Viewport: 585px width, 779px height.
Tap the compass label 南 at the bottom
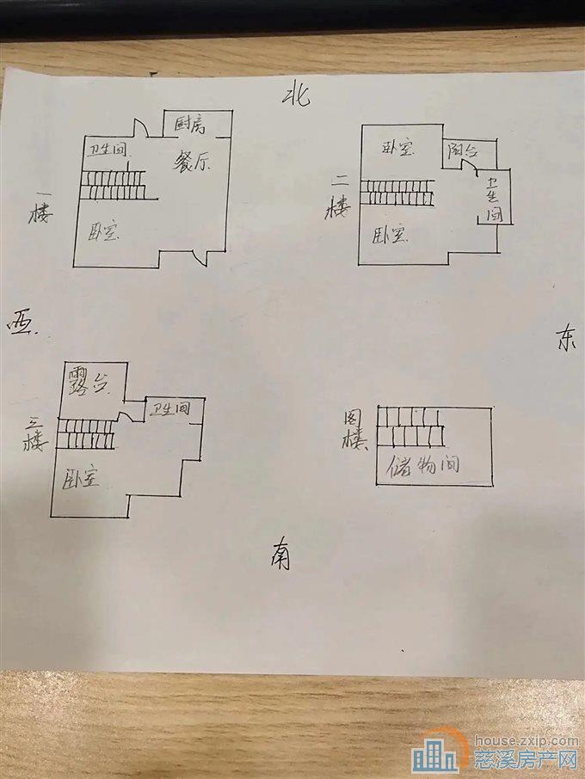(x=279, y=554)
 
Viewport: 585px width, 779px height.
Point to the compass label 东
(x=563, y=340)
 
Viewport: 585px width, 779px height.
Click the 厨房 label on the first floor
(x=190, y=125)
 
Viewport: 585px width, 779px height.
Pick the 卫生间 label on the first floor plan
(x=107, y=150)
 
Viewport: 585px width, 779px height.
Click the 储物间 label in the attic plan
(x=422, y=466)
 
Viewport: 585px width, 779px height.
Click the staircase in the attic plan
(x=411, y=428)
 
